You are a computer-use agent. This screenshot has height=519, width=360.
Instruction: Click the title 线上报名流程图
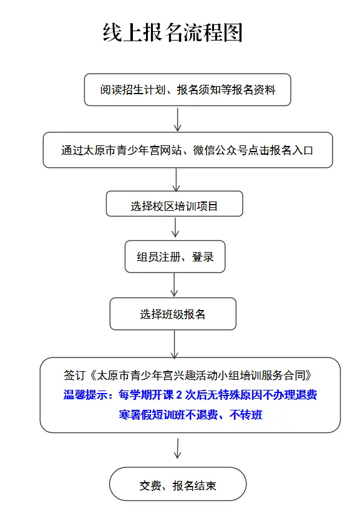click(173, 33)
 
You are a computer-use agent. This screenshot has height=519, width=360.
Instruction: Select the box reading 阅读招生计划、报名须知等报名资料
click(187, 90)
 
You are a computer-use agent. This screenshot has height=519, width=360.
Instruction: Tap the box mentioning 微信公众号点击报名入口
click(188, 150)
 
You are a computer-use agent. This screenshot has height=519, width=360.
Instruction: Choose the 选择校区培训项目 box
click(175, 203)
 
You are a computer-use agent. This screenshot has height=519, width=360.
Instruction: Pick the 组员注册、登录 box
click(175, 256)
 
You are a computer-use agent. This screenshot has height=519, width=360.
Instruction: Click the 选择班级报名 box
click(173, 314)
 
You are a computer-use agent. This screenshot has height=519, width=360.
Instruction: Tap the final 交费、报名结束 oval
click(178, 484)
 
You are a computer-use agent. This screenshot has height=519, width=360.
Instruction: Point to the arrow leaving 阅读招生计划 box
click(178, 120)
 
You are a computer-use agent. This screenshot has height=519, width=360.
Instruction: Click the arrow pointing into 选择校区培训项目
click(176, 180)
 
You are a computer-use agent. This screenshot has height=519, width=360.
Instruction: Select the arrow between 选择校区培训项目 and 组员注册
click(175, 227)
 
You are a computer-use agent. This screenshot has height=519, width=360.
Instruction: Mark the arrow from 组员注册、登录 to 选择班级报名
click(174, 284)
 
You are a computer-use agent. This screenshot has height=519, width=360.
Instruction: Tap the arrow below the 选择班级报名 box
click(174, 344)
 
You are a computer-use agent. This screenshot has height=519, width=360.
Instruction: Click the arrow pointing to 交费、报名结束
click(178, 449)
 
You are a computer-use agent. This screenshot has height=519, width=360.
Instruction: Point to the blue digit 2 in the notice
click(179, 395)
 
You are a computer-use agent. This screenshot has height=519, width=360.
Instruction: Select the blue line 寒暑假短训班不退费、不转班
click(190, 414)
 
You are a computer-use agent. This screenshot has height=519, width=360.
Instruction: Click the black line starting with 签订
click(188, 376)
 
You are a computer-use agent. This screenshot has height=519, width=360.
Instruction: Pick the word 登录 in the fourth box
click(203, 257)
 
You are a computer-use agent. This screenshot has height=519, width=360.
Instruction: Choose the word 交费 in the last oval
click(150, 485)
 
